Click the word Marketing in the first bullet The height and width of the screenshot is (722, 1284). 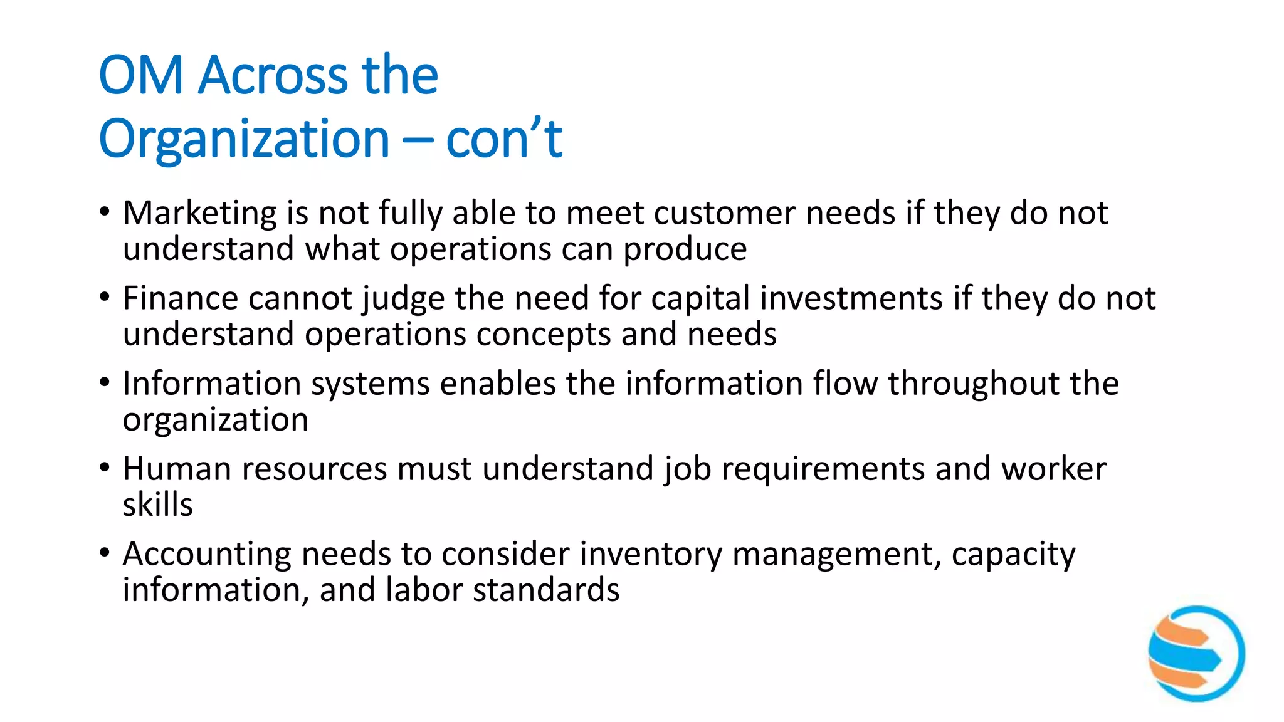point(199,214)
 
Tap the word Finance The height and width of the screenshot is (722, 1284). point(180,298)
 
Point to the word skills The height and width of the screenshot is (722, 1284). point(157,505)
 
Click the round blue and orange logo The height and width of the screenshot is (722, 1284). point(1196,653)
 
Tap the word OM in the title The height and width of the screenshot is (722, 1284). point(141,75)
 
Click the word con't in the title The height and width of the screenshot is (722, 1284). point(504,139)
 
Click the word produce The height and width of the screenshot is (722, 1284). point(685,249)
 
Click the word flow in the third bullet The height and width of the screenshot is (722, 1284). point(845,384)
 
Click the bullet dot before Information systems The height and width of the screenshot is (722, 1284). point(105,382)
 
